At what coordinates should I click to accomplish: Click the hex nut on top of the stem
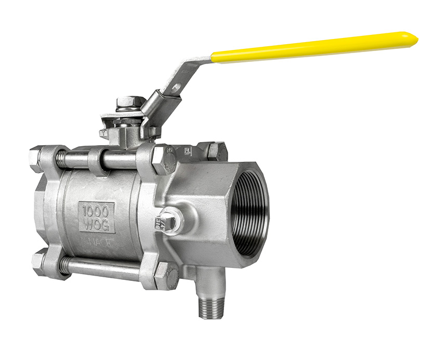[x=127, y=101]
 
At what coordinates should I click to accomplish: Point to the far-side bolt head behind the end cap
[x=215, y=151]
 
